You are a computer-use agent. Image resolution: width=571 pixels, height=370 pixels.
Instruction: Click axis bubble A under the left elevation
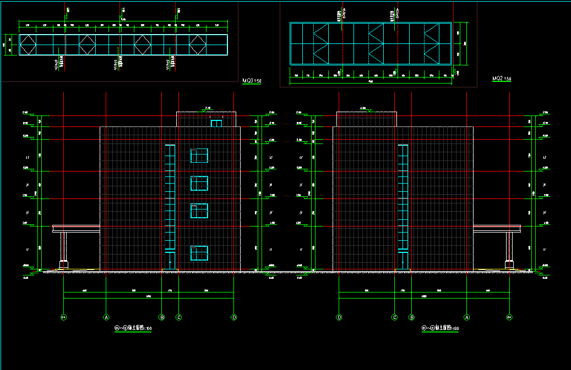pos(106,317)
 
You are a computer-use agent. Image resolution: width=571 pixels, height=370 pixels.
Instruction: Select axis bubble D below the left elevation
pos(234,317)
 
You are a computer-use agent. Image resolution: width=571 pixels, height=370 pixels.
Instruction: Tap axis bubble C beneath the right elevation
pos(395,317)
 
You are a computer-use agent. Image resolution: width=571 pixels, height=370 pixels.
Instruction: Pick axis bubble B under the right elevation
pos(411,317)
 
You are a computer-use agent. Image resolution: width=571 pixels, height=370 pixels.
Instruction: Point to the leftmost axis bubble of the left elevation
pos(63,317)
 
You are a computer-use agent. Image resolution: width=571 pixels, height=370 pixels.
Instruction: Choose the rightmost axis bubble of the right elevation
pos(509,317)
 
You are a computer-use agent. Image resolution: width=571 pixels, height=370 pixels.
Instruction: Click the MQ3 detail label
pos(252,81)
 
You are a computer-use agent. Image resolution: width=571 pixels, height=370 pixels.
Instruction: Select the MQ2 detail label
pos(501,79)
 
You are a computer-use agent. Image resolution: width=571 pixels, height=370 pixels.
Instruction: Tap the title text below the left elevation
pos(133,329)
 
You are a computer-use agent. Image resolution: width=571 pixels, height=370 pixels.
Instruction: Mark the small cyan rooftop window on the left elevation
pos(216,123)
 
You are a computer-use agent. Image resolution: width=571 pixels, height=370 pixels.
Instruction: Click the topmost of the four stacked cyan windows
pos(199,156)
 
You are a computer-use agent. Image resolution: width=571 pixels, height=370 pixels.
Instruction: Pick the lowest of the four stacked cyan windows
pos(199,253)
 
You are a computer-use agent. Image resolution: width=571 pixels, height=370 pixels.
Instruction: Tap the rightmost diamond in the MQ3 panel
pos(198,45)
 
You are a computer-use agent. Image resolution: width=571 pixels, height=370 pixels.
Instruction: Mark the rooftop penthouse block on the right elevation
pos(366,119)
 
